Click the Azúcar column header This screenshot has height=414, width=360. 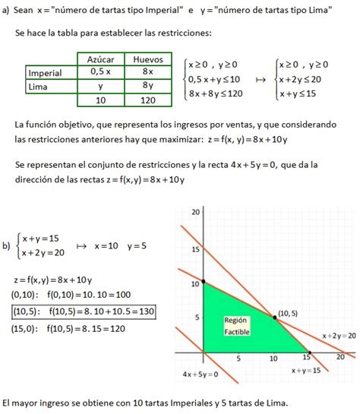[101, 59]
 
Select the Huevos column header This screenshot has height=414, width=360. [148, 59]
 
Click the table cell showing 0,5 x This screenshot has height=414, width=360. [101, 73]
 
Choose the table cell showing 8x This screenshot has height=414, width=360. [148, 73]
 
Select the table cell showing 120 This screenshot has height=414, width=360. [148, 100]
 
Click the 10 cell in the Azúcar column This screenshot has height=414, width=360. [101, 100]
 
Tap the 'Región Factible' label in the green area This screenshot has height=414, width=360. [236, 326]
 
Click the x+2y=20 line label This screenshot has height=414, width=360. [339, 335]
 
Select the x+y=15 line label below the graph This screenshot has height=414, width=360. [306, 370]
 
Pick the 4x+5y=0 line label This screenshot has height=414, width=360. [201, 374]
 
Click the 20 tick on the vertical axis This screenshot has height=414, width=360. [195, 213]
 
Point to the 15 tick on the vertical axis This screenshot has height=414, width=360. [195, 249]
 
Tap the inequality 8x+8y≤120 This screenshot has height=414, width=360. [215, 93]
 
